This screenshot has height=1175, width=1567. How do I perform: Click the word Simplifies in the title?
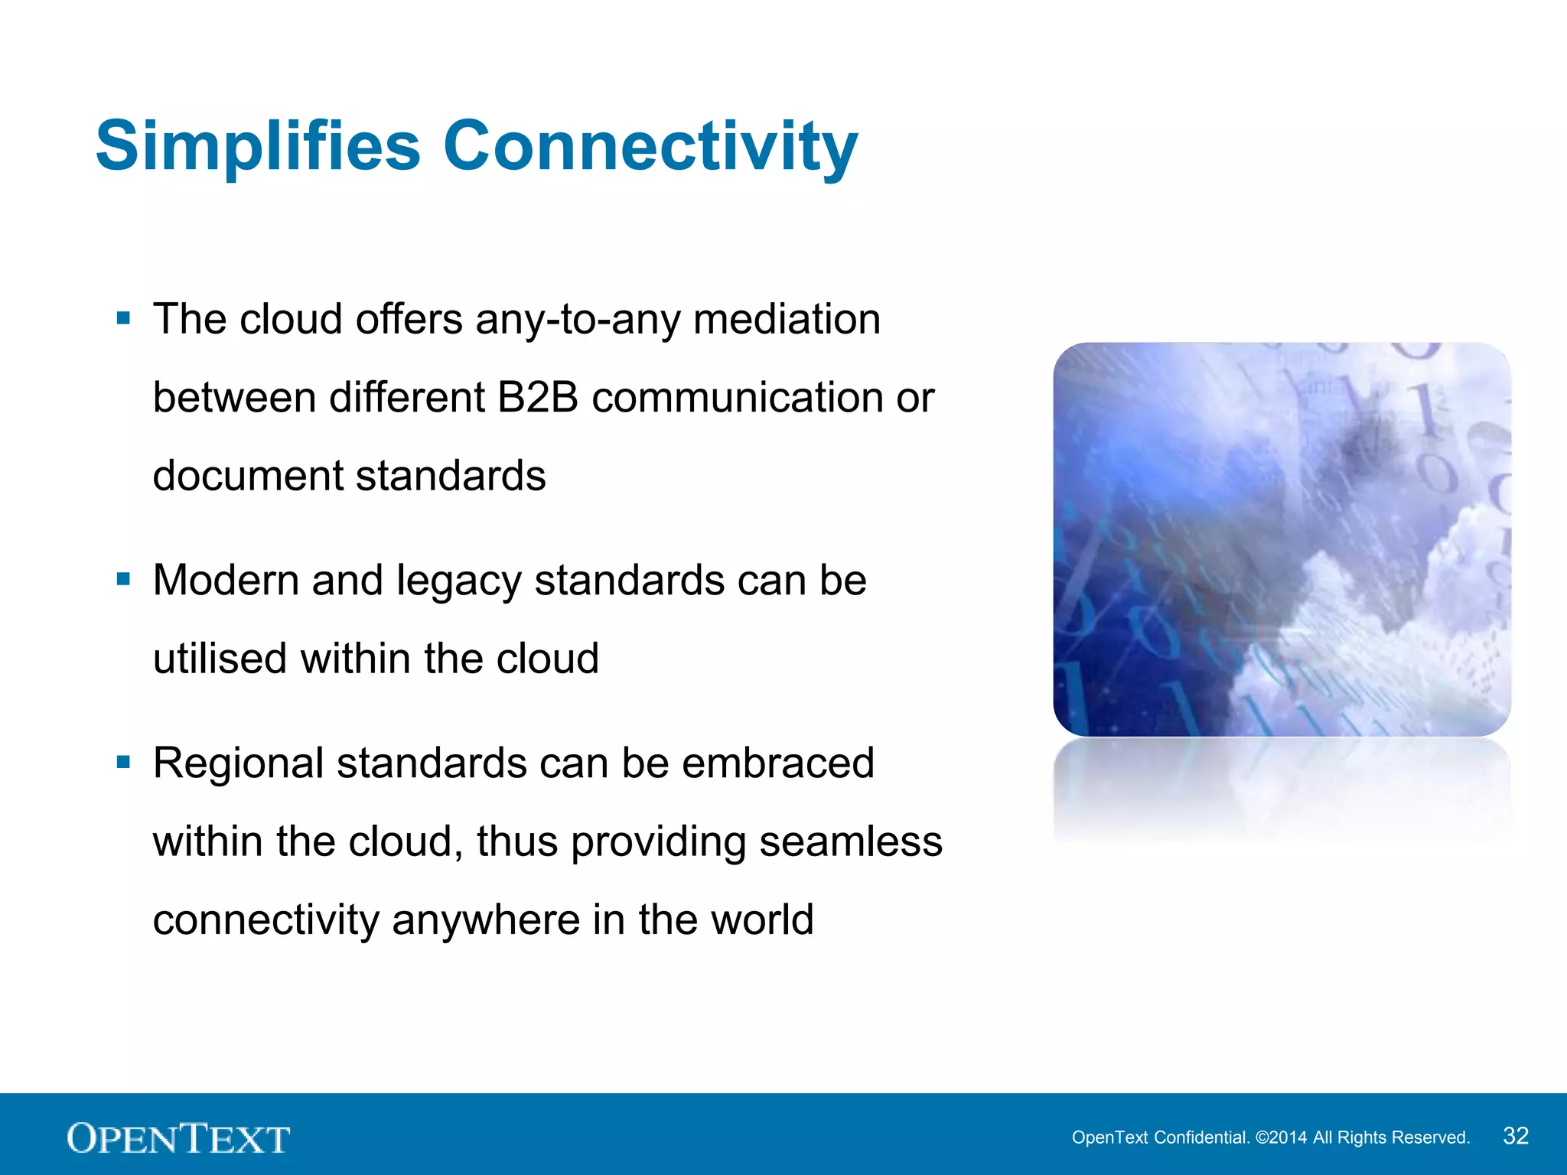258,147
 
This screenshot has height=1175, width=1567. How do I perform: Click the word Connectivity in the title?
650,147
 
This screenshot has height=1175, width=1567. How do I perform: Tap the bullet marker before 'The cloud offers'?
123,317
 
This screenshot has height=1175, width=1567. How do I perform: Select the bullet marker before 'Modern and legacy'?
123,578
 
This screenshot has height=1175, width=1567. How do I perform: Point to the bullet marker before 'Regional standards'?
123,761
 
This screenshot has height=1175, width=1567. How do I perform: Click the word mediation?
787,320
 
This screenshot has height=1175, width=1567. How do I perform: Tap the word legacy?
458,581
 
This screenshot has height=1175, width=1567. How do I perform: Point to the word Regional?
238,764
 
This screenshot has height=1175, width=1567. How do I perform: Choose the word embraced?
777,763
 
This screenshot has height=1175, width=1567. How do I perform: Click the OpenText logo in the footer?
178,1138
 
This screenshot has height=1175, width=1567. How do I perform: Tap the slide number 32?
1515,1136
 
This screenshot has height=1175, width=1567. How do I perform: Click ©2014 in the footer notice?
1282,1138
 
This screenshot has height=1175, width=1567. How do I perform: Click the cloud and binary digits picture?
1282,539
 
